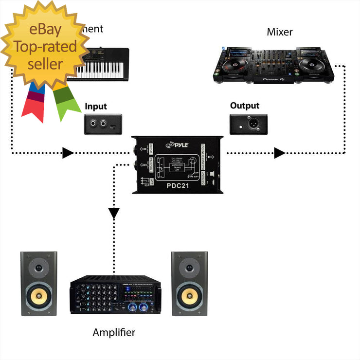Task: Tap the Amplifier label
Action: tap(114, 333)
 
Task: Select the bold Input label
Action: tap(95, 107)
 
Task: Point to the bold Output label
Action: tap(245, 106)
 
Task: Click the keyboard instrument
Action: tap(100, 63)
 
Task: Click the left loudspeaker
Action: tap(38, 283)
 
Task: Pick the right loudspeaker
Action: tap(189, 283)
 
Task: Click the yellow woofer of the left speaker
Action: tap(38, 295)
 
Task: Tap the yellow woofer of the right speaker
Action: tap(189, 295)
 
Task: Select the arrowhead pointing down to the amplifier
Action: tap(114, 213)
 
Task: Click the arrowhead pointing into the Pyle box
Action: tap(68, 153)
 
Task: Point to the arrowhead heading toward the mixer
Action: tap(279, 153)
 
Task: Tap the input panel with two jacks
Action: tap(103, 124)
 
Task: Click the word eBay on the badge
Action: tap(45, 30)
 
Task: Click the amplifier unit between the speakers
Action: tap(114, 295)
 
